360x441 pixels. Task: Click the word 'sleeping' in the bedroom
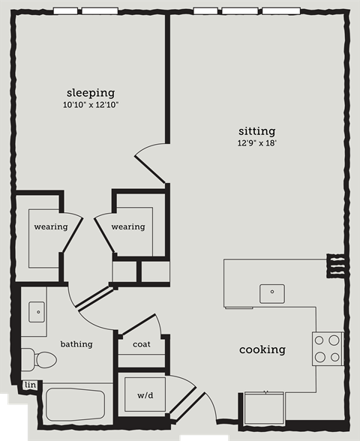pos(90,93)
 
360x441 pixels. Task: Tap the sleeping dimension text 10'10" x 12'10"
pos(91,106)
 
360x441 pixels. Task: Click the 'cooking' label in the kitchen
pos(262,349)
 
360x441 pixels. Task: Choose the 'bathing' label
pos(76,344)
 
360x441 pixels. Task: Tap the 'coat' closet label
pos(141,344)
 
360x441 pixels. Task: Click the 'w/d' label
pos(145,395)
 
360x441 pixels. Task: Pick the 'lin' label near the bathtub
pos(30,385)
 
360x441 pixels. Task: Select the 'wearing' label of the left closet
pos(51,226)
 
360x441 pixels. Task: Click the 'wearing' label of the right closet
pos(127,226)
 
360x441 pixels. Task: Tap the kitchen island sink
pos(271,292)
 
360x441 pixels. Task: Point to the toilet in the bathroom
pos(37,358)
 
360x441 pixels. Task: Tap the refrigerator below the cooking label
pos(265,410)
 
